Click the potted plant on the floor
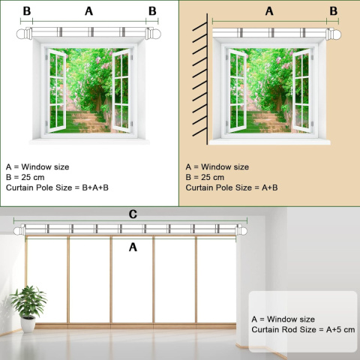pyautogui.click(x=28, y=309)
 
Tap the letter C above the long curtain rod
pyautogui.click(x=133, y=214)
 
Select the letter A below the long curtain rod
pyautogui.click(x=133, y=247)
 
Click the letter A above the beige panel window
pyautogui.click(x=269, y=11)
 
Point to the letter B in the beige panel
pyautogui.click(x=334, y=11)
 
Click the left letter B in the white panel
pyautogui.click(x=27, y=11)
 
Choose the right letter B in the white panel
pyautogui.click(x=152, y=11)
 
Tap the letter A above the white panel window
pyautogui.click(x=89, y=11)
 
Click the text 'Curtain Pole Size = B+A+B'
pyautogui.click(x=57, y=187)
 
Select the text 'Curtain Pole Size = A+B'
pyautogui.click(x=232, y=187)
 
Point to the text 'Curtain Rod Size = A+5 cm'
pyautogui.click(x=303, y=329)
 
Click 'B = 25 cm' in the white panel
pyautogui.click(x=25, y=177)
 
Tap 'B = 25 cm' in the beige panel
pyautogui.click(x=205, y=177)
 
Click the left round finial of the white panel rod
pyautogui.click(x=22, y=34)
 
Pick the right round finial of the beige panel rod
pyautogui.click(x=335, y=34)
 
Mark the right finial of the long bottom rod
pyautogui.click(x=242, y=230)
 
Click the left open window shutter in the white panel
pyautogui.click(x=57, y=91)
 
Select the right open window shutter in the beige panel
pyautogui.click(x=301, y=91)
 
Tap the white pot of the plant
pyautogui.click(x=28, y=325)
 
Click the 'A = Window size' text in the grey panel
pyautogui.click(x=283, y=319)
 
